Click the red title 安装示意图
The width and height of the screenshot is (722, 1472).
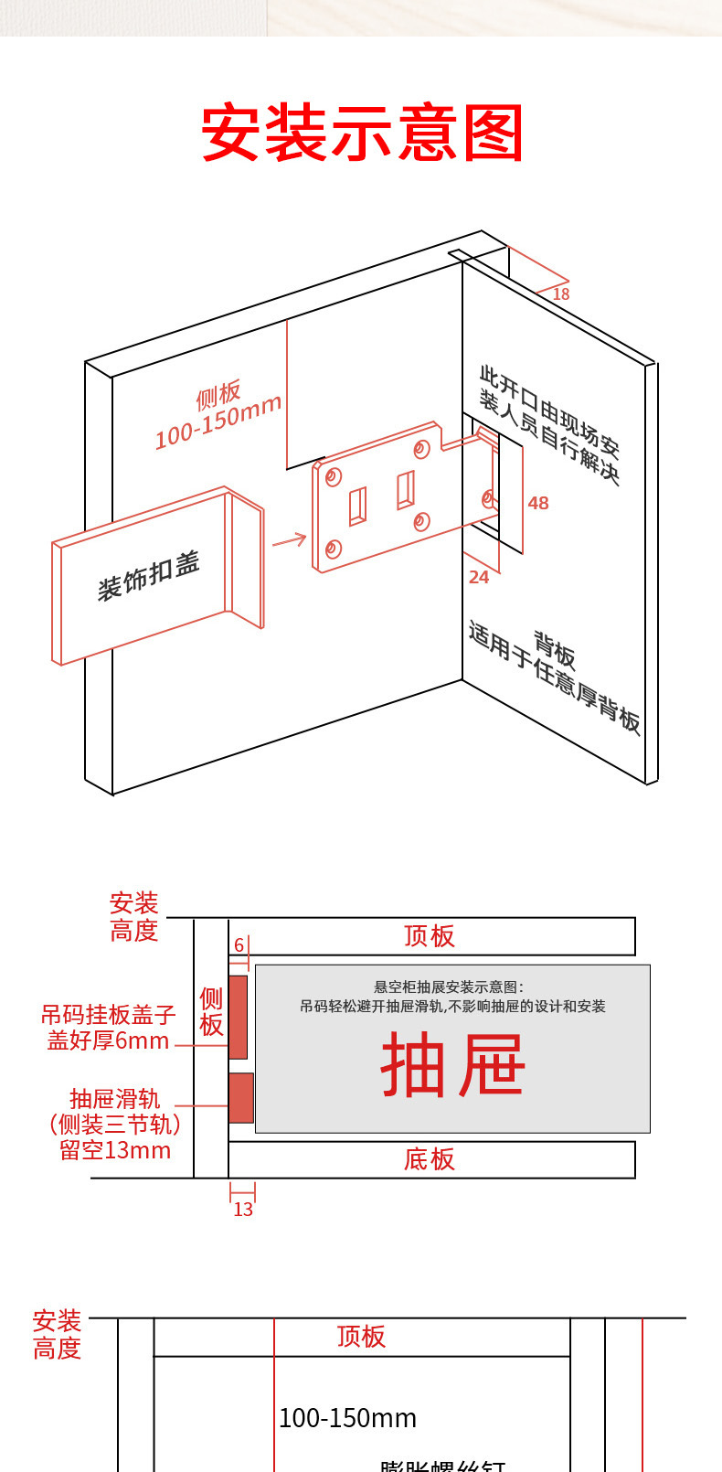click(362, 133)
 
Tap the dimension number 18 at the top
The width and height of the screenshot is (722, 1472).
click(561, 294)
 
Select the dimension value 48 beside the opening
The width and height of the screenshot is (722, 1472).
click(538, 503)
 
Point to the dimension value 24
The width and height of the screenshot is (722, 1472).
click(479, 577)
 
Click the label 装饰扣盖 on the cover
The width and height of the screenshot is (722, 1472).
click(148, 576)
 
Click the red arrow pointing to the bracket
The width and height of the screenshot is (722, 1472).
click(289, 540)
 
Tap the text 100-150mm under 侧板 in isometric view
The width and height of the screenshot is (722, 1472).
click(218, 422)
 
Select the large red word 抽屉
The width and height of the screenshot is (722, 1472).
click(452, 1065)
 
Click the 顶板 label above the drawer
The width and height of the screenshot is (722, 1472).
click(430, 936)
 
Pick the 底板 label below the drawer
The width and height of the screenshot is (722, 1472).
click(430, 1159)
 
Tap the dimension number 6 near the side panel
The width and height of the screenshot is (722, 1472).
click(239, 945)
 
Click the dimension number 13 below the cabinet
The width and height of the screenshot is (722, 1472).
click(243, 1210)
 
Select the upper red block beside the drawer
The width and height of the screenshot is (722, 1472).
click(238, 1017)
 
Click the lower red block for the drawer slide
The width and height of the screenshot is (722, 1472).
click(240, 1097)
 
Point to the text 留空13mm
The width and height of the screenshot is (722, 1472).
click(115, 1150)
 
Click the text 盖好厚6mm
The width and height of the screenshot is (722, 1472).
click(108, 1040)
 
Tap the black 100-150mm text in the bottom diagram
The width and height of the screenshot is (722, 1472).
click(347, 1418)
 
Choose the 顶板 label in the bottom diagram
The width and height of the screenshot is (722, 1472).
click(361, 1337)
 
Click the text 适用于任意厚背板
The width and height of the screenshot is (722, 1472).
click(554, 677)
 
